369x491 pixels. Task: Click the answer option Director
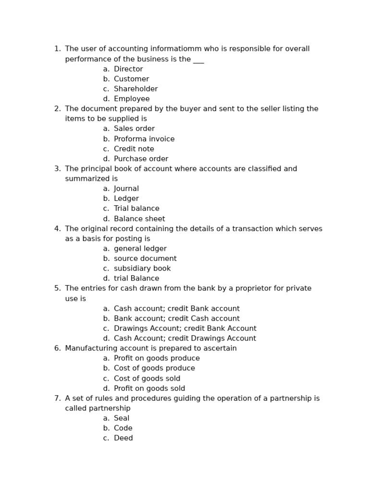pos(128,69)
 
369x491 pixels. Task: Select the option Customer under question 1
pos(131,79)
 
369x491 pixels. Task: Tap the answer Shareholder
pos(135,89)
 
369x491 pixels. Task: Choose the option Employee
pos(132,99)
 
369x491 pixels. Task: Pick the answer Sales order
pos(134,129)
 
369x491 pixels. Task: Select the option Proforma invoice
pos(144,139)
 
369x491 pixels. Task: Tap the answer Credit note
pos(134,149)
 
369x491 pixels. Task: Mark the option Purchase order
pos(141,159)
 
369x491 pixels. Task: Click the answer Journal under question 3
pos(126,189)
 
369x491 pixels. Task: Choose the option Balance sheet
pos(139,219)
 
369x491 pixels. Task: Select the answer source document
pos(145,259)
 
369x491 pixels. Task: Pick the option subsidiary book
pos(142,269)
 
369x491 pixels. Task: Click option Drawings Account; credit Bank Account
pos(185,329)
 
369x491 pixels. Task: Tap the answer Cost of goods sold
pos(147,379)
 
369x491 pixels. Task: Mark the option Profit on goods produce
pos(157,359)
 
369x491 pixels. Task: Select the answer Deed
pos(123,438)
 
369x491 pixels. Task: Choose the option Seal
pos(122,419)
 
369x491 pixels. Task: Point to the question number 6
pos(57,349)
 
